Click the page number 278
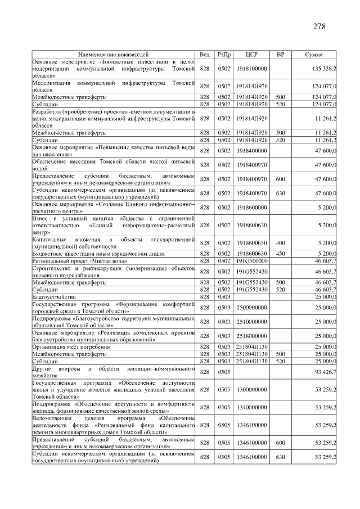pos(319,26)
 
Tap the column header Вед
pos(205,55)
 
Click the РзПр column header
pos(224,55)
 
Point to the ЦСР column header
pos(251,55)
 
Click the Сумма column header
pos(313,55)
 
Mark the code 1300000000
pos(251,389)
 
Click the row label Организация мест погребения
pos(70,347)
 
